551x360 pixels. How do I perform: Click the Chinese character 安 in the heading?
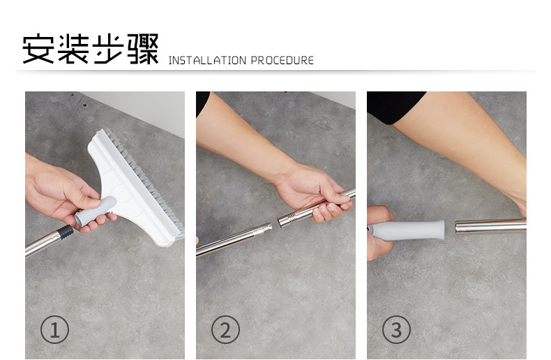tap(39, 49)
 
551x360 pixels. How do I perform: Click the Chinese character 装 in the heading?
tap(73, 49)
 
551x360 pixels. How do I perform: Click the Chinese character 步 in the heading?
tap(107, 49)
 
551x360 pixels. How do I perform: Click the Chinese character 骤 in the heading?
tap(142, 49)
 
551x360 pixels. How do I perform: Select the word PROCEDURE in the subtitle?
tap(282, 61)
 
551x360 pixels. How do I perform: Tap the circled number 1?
tap(54, 329)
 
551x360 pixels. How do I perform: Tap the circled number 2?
tap(225, 329)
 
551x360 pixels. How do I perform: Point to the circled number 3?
tap(396, 329)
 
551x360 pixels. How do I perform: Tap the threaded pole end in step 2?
tap(264, 228)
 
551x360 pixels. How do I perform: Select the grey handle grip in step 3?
tap(412, 230)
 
